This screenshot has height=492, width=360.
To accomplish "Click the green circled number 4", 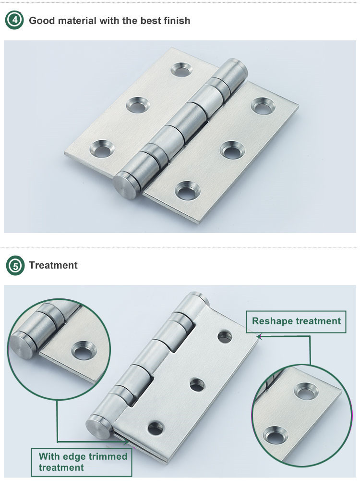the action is pos(14,20).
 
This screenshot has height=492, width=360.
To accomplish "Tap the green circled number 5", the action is pos(15,265).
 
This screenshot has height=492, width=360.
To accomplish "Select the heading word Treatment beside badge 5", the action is pos(53,265).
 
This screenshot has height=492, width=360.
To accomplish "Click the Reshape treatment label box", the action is pos(296,321).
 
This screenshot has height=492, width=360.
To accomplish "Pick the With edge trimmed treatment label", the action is pos(82,462).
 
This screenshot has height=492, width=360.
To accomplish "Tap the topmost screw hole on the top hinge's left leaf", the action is pos(181,69).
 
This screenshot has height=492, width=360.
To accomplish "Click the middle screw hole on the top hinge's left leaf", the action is pos(138,105).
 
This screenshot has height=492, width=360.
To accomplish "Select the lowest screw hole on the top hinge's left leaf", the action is pos(102,148).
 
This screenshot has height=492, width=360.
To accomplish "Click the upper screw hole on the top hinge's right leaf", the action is pos(263,106).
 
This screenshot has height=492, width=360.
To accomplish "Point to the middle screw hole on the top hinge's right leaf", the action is pos(232,150).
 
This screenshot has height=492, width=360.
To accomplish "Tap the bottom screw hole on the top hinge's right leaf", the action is pos(188,190).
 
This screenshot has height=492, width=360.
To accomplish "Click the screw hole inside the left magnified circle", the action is pos(84,350).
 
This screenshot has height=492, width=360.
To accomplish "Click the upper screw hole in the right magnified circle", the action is pos(306,391).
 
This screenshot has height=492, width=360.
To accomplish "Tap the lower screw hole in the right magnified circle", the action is pos(276,435).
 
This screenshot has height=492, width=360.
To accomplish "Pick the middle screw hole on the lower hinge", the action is pos(197,385).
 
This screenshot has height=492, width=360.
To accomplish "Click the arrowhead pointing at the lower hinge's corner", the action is pos(259,336).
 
